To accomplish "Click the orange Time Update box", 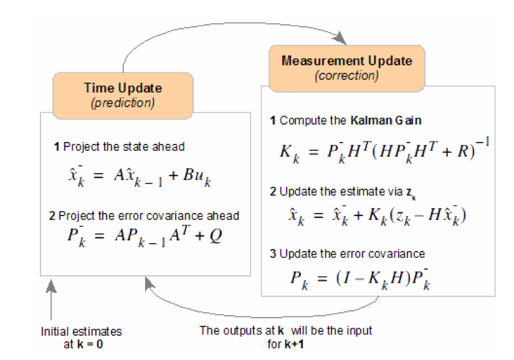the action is [x=123, y=96].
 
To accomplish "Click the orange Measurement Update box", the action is [x=347, y=68].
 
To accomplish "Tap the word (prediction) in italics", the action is [x=123, y=103].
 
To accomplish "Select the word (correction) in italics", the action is [x=347, y=75].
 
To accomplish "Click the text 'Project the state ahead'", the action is [x=124, y=146].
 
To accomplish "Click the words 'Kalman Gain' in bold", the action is [x=386, y=121].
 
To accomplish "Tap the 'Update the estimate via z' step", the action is [x=343, y=192].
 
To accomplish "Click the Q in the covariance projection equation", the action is [x=216, y=235].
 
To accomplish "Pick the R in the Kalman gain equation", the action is [x=463, y=151].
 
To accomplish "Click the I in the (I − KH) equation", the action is [x=348, y=278].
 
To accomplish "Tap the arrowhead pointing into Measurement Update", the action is [x=340, y=38].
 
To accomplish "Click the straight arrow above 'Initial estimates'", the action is [x=51, y=300].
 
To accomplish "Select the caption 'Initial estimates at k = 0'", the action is [x=81, y=338].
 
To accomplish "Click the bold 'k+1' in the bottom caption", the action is [x=294, y=344].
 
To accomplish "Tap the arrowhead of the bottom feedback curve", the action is [x=149, y=283].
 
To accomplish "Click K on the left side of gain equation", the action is [x=286, y=151].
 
